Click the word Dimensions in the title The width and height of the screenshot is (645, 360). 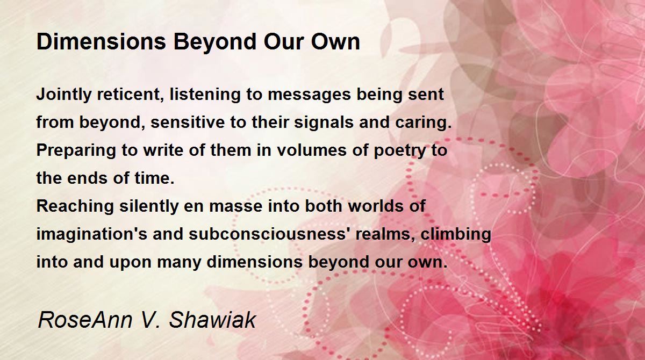tap(102, 42)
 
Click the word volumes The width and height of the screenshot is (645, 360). tap(312, 150)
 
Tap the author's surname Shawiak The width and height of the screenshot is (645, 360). tap(212, 320)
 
